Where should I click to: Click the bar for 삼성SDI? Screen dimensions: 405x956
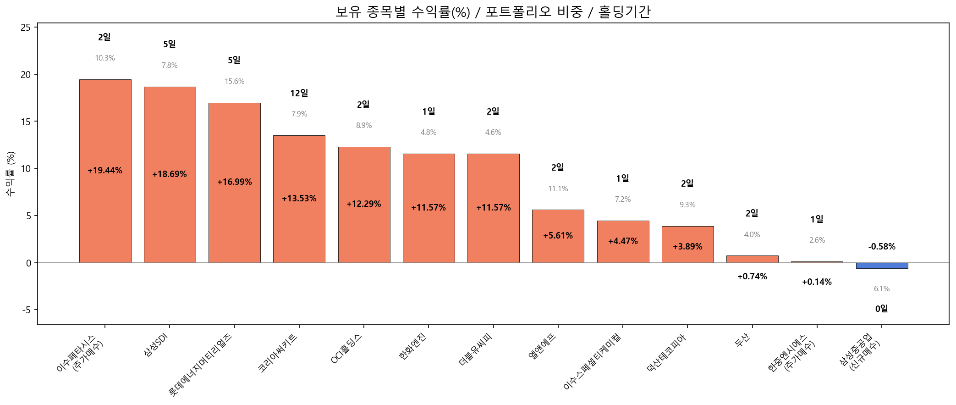[170, 138]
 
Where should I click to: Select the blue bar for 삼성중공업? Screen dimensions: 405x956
[882, 266]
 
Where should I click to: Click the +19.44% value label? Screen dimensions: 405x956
[105, 171]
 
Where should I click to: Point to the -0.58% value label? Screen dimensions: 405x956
[881, 247]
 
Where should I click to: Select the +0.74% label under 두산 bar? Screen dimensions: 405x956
[752, 277]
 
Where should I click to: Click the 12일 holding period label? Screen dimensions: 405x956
[299, 94]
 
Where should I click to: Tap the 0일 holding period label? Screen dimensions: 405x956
[881, 309]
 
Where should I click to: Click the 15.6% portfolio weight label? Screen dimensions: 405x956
[234, 82]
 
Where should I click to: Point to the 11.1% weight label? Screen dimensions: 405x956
[558, 189]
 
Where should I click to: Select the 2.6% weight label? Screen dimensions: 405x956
[817, 240]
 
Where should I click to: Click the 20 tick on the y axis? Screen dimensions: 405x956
[26, 75]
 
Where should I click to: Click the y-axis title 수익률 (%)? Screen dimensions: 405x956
[11, 173]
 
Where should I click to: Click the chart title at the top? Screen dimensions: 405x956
[493, 11]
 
